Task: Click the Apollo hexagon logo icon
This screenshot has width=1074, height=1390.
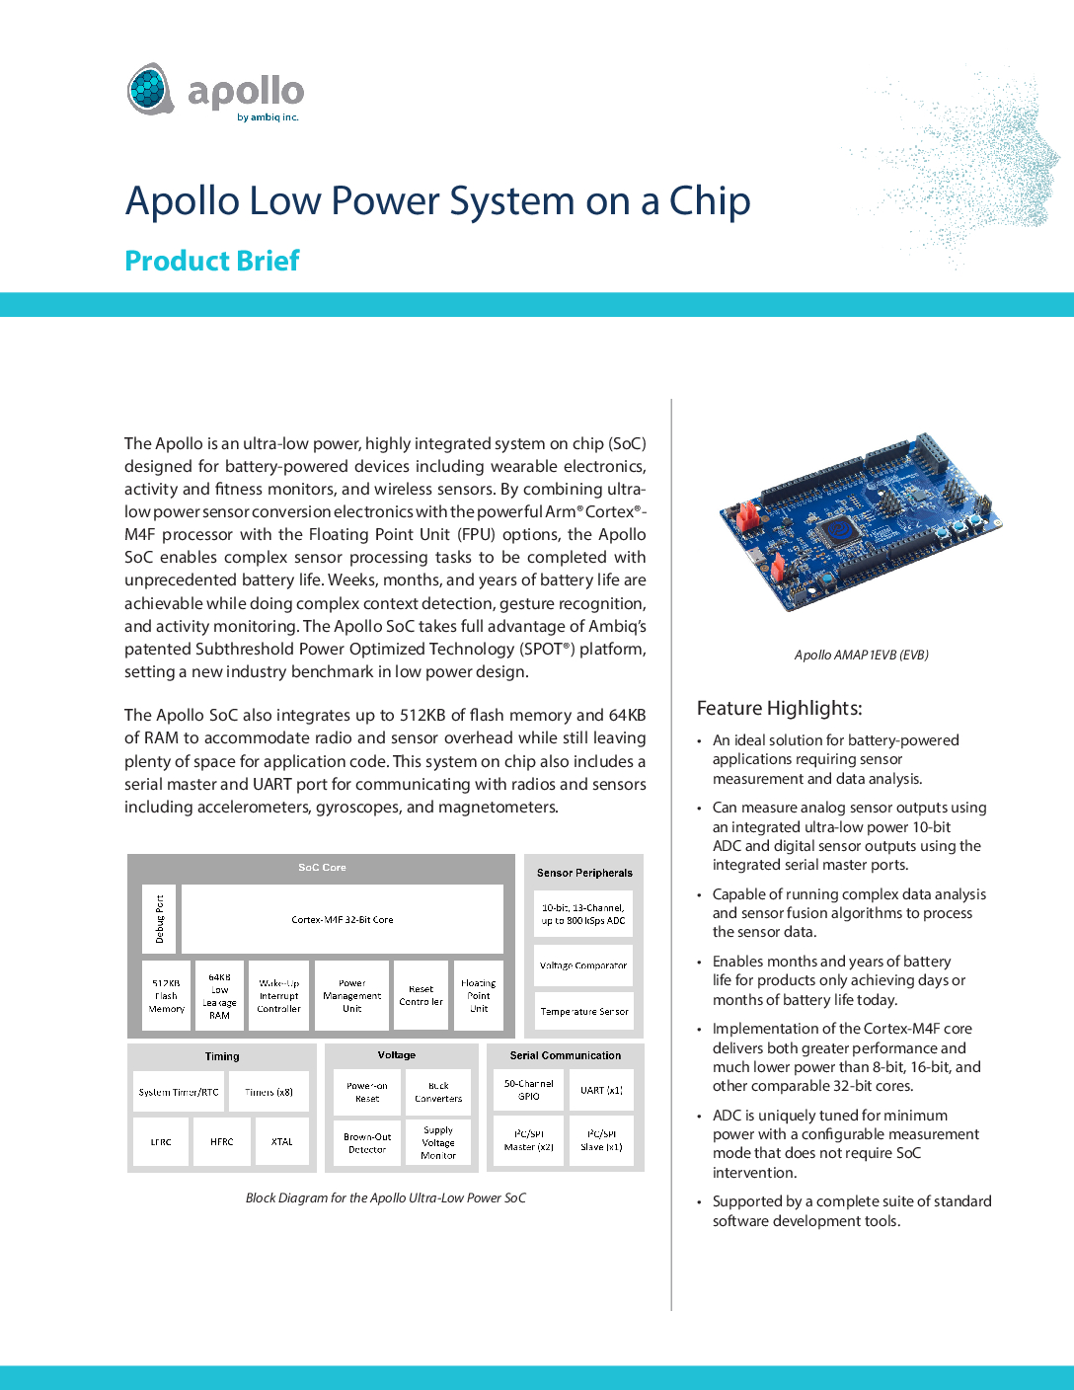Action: pyautogui.click(x=150, y=89)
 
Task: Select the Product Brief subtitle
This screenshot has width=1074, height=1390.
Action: pyautogui.click(x=212, y=261)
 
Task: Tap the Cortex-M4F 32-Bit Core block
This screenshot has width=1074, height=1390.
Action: pyautogui.click(x=343, y=919)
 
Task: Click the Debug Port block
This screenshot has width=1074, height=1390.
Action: pyautogui.click(x=159, y=919)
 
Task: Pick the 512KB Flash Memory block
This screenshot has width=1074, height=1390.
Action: pyautogui.click(x=167, y=996)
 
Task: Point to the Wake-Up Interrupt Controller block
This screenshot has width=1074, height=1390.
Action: pyautogui.click(x=279, y=996)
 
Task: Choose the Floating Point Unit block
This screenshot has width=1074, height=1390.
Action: pyautogui.click(x=479, y=996)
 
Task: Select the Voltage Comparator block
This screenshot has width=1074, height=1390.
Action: pyautogui.click(x=583, y=965)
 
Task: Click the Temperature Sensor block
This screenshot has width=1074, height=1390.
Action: pyautogui.click(x=583, y=1012)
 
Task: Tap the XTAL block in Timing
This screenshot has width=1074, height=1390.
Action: pyautogui.click(x=282, y=1141)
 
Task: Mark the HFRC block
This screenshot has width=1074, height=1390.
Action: pyautogui.click(x=222, y=1141)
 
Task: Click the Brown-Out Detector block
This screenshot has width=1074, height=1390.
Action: pyautogui.click(x=367, y=1143)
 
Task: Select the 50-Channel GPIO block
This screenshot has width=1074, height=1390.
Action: pyautogui.click(x=529, y=1090)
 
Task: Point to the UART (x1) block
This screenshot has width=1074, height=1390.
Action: pyautogui.click(x=601, y=1090)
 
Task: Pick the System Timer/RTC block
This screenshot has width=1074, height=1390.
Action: pyautogui.click(x=179, y=1092)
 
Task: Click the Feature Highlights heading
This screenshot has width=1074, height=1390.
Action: pyautogui.click(x=780, y=708)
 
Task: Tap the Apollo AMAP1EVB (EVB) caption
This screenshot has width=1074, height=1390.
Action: pyautogui.click(x=861, y=655)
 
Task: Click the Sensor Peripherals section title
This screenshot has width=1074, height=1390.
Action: pyautogui.click(x=584, y=873)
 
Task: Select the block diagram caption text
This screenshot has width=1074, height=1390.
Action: pyautogui.click(x=386, y=1197)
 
